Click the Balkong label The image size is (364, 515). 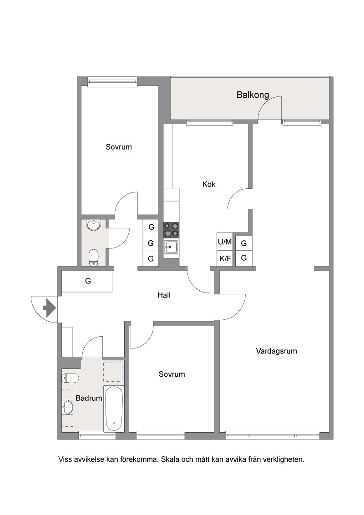pyautogui.click(x=253, y=95)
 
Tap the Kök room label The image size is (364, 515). pyautogui.click(x=209, y=184)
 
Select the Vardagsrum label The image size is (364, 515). pyautogui.click(x=276, y=351)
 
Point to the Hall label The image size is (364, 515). pyautogui.click(x=164, y=295)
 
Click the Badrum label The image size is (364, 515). pyautogui.click(x=89, y=398)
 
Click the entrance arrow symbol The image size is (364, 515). pyautogui.click(x=49, y=308)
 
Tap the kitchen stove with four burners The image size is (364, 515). pyautogui.click(x=172, y=230)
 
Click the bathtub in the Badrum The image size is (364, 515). pyautogui.click(x=114, y=409)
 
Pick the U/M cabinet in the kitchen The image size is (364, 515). pyautogui.click(x=225, y=242)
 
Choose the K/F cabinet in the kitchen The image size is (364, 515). pyautogui.click(x=225, y=258)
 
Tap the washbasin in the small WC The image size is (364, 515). pyautogui.click(x=94, y=225)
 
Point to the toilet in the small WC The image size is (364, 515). pyautogui.click(x=94, y=257)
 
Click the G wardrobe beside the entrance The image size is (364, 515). pyautogui.click(x=88, y=281)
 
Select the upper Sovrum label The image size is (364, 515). pyautogui.click(x=119, y=147)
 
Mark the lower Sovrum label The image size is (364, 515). pyautogui.click(x=172, y=374)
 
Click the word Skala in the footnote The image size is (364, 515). pyautogui.click(x=170, y=459)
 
